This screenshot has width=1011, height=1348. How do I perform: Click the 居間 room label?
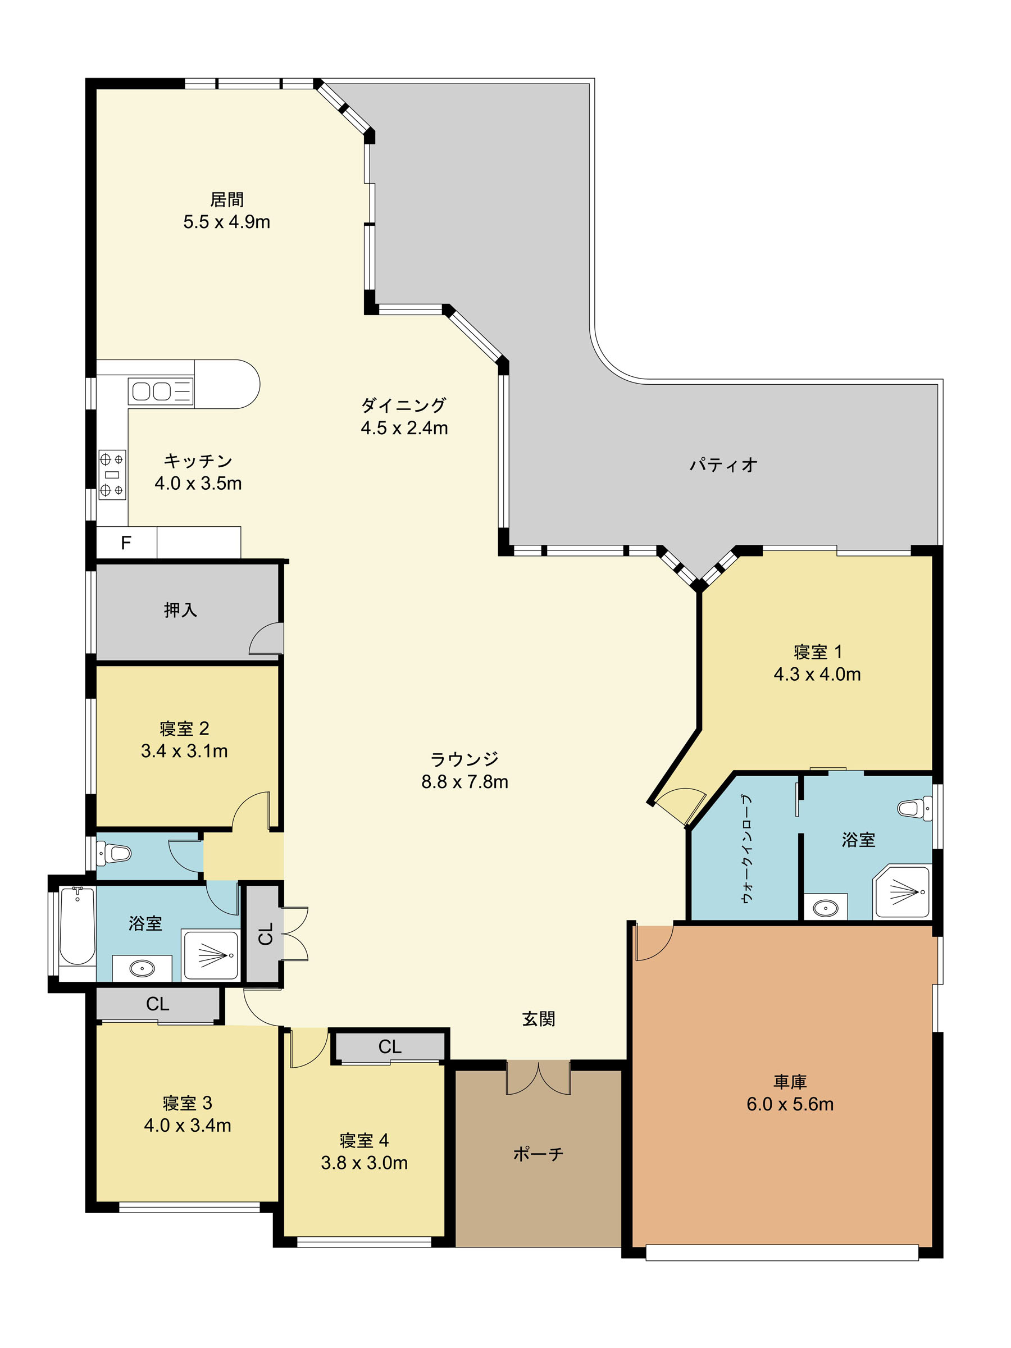227,199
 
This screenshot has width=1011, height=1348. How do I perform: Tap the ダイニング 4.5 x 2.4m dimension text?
404,428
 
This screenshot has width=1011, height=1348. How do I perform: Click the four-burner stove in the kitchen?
112,475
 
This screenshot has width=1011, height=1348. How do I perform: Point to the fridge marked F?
127,543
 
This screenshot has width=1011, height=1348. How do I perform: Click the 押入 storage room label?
180,610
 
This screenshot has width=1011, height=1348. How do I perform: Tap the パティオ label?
723,465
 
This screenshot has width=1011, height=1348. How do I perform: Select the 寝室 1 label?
817,652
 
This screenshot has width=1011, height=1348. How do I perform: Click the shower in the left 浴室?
211,955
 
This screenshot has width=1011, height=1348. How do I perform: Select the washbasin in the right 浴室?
825,908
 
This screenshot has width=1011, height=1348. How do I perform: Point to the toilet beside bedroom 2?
114,853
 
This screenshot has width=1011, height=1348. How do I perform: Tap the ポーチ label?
538,1154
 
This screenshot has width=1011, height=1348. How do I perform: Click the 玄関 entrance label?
539,1019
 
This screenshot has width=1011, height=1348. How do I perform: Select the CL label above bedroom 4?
390,1046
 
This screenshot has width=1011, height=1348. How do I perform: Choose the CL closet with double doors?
263,933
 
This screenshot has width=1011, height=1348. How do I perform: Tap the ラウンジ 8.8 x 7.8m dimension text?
464,781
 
